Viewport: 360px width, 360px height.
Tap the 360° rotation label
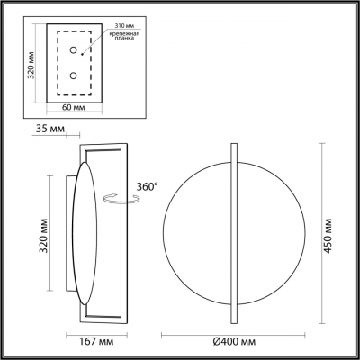pos(146,185)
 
